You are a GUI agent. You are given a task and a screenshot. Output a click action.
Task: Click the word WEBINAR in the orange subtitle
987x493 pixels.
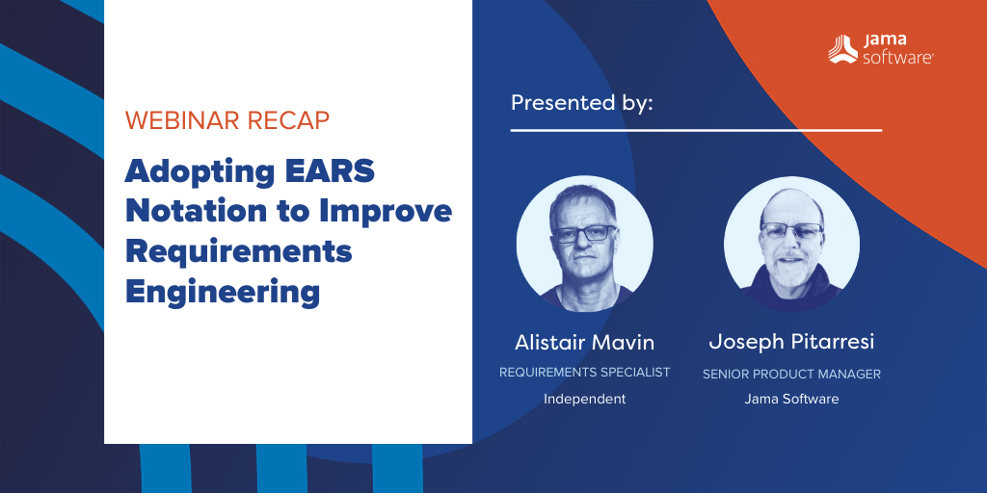[x=179, y=119]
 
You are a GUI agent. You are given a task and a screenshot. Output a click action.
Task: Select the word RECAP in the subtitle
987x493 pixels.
[x=285, y=119]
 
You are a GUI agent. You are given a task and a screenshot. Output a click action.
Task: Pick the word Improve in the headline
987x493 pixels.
[x=386, y=213]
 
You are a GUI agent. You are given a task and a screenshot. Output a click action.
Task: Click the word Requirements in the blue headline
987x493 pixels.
[x=238, y=253]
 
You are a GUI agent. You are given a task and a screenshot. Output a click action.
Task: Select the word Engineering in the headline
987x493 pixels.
[x=223, y=293]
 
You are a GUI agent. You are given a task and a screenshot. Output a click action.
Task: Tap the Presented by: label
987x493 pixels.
[x=581, y=102]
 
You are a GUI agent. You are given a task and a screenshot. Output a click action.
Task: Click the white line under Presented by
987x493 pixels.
[x=696, y=131]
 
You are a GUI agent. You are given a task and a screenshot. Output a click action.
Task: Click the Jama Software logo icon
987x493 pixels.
[x=842, y=49]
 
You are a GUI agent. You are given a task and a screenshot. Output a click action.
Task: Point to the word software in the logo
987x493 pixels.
[x=897, y=58]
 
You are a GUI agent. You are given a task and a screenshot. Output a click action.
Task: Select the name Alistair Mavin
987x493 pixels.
[x=584, y=343]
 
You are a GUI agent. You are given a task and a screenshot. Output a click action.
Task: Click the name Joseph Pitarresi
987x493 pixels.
[x=791, y=343]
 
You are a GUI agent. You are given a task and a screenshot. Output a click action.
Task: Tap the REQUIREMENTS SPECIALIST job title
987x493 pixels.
[x=584, y=373]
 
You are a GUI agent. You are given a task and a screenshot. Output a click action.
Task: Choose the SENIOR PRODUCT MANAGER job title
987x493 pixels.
[x=791, y=375]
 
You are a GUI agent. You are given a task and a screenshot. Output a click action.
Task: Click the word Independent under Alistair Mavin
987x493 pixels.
[x=584, y=399]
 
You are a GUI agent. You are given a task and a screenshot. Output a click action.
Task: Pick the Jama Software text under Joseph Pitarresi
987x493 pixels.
[x=791, y=399]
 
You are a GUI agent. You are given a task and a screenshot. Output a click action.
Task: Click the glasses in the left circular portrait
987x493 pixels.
[x=583, y=234]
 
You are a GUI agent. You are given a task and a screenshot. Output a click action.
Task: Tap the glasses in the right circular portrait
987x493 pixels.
[x=791, y=230]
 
